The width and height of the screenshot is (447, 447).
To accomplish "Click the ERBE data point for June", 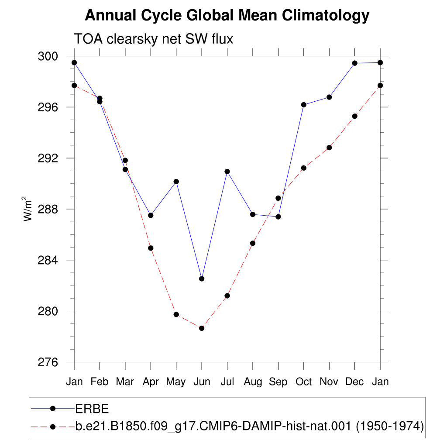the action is [x=202, y=279].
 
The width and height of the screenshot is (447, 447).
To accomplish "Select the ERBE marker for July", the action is [x=227, y=172].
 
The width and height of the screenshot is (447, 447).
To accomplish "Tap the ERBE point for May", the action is [x=176, y=182].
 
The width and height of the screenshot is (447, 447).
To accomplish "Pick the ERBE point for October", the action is [x=304, y=105].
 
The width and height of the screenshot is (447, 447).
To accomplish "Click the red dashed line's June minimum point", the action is [x=202, y=328].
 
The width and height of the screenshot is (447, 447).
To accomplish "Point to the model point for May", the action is [x=176, y=314].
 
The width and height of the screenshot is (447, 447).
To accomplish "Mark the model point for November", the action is [x=329, y=148].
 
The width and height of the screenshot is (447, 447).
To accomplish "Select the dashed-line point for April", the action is [x=151, y=248].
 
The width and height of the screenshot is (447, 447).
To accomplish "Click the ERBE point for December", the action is [x=354, y=63].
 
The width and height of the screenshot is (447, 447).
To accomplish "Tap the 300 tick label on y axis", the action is [x=48, y=56].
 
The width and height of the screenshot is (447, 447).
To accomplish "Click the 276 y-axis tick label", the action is [x=48, y=362].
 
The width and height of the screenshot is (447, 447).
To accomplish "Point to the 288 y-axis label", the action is [x=48, y=209].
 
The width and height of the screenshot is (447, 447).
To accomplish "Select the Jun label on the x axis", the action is [x=202, y=382].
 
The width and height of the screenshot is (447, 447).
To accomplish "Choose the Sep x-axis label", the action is [x=278, y=382].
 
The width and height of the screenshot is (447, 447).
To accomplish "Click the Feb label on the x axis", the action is [x=100, y=382].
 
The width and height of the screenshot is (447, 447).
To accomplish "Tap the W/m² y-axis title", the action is [x=27, y=209].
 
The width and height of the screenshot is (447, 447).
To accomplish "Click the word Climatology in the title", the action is [x=326, y=16].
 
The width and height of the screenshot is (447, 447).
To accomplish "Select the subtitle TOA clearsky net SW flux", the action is [x=154, y=39].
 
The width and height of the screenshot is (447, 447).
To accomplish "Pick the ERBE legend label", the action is [x=92, y=409].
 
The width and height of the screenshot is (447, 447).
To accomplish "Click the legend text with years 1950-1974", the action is [x=249, y=426].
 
